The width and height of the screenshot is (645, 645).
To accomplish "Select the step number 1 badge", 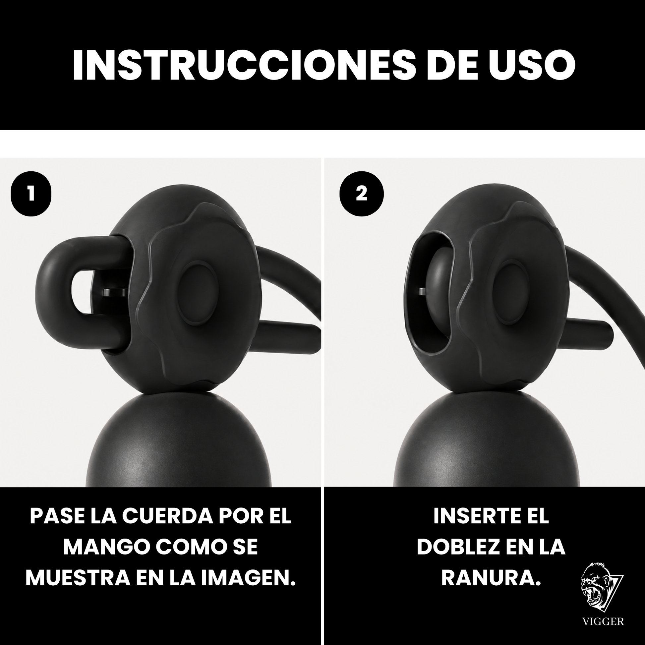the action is click(31, 194).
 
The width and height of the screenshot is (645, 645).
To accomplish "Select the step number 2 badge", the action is click(361, 194).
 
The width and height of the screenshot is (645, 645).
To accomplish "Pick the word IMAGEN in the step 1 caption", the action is click(248, 578).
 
